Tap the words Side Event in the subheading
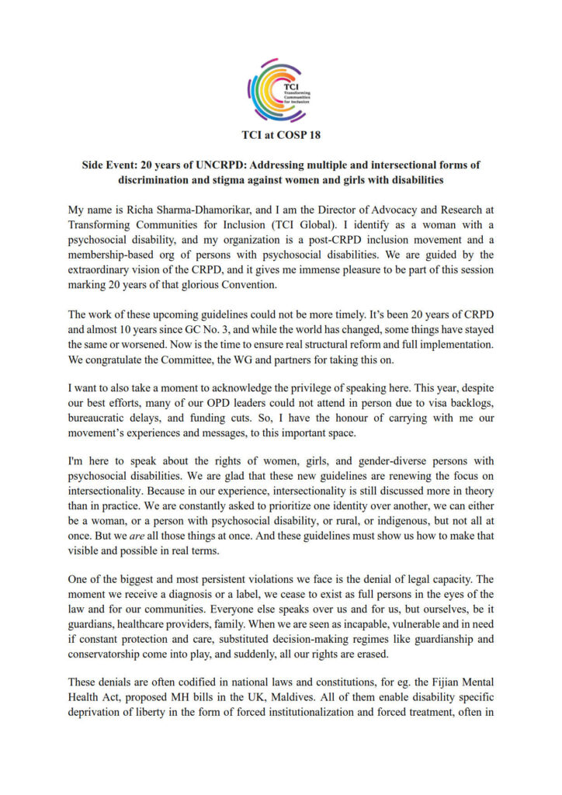coord(109,165)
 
